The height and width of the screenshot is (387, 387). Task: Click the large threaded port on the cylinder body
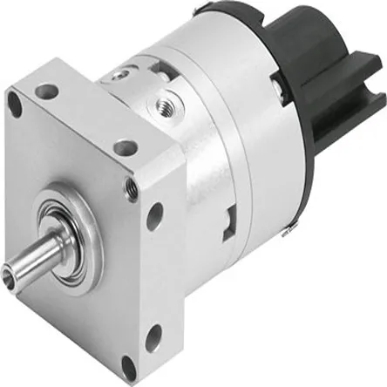point(164,106)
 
